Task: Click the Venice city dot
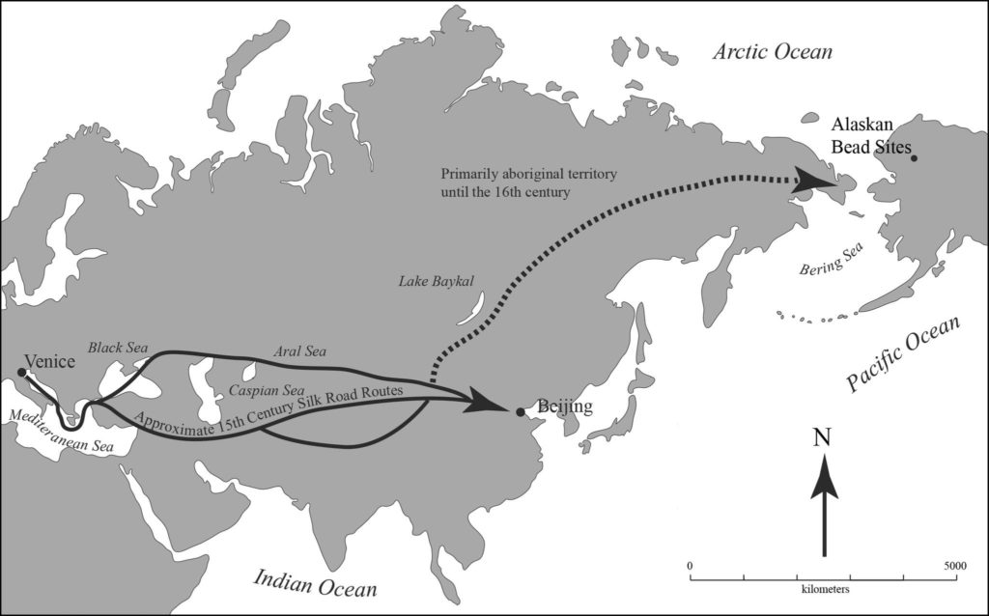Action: click(21, 372)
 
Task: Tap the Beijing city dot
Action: click(520, 412)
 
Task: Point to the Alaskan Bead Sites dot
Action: click(913, 158)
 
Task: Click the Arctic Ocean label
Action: click(772, 51)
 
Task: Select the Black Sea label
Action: click(117, 346)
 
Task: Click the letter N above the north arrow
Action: click(823, 437)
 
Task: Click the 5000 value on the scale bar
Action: click(954, 565)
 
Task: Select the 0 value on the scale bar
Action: click(690, 565)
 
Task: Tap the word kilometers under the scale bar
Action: click(823, 587)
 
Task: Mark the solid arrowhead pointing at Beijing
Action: click(489, 402)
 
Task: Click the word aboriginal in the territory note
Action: click(541, 174)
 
